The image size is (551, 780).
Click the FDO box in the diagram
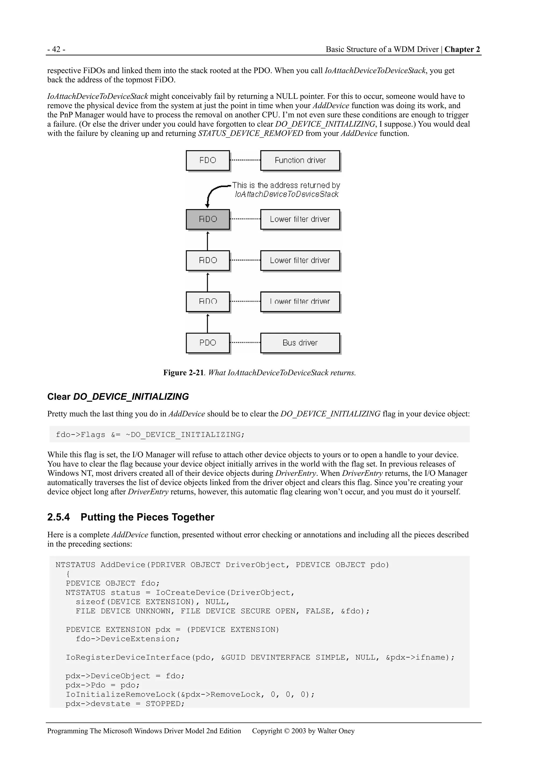207,160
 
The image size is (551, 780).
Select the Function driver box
300,160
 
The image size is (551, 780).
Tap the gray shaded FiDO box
207,219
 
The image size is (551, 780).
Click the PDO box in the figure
207,343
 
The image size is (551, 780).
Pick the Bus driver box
300,343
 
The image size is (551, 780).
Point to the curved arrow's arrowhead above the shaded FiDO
207,205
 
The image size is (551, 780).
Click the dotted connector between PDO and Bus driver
245,342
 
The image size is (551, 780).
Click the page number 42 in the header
56,50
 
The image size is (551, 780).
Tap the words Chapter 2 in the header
462,50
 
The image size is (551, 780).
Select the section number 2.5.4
58,517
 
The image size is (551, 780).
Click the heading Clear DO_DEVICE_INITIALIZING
118,397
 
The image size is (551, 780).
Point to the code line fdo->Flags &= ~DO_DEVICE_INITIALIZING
150,435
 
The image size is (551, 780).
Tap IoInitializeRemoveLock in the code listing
121,694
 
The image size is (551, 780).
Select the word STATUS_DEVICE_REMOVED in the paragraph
250,134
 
